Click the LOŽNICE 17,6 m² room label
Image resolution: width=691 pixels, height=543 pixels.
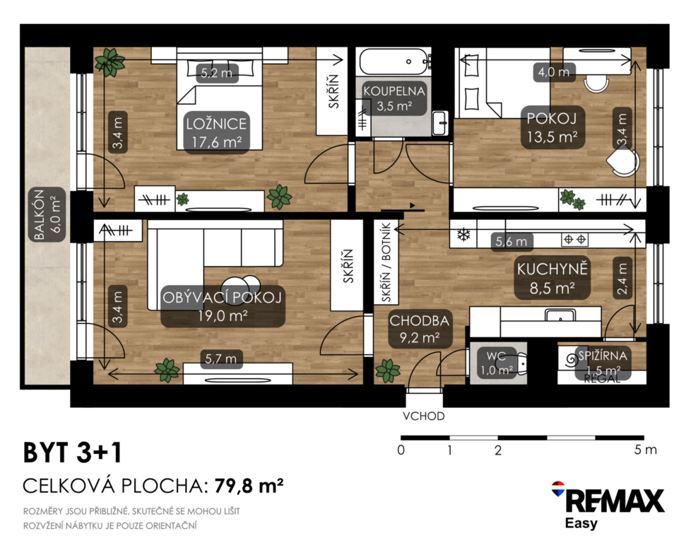pyautogui.click(x=216, y=132)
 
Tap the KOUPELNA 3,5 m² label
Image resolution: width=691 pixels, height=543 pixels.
pyautogui.click(x=394, y=98)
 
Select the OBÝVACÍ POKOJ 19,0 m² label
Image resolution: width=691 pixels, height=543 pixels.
pyautogui.click(x=222, y=306)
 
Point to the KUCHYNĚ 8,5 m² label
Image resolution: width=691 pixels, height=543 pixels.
pyautogui.click(x=553, y=278)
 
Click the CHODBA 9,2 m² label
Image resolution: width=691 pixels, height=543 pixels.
pyautogui.click(x=419, y=329)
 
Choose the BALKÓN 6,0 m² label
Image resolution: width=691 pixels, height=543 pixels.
pyautogui.click(x=47, y=215)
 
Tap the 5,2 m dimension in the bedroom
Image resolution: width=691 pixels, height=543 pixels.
pyautogui.click(x=216, y=73)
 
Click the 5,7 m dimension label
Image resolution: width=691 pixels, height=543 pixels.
pyautogui.click(x=220, y=359)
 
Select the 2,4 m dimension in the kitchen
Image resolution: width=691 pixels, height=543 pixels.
pyautogui.click(x=622, y=279)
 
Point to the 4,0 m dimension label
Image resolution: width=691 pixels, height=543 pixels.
pyautogui.click(x=553, y=71)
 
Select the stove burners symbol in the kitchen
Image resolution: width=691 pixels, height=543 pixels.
pyautogui.click(x=574, y=240)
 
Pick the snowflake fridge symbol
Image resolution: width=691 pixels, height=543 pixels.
pyautogui.click(x=463, y=235)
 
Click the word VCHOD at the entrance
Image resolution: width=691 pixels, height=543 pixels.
pyautogui.click(x=423, y=416)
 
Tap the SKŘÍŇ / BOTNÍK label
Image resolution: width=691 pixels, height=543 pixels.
pyautogui.click(x=386, y=262)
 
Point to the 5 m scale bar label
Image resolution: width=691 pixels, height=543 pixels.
pyautogui.click(x=645, y=450)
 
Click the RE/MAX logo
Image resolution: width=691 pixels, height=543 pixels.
pyautogui.click(x=608, y=505)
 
